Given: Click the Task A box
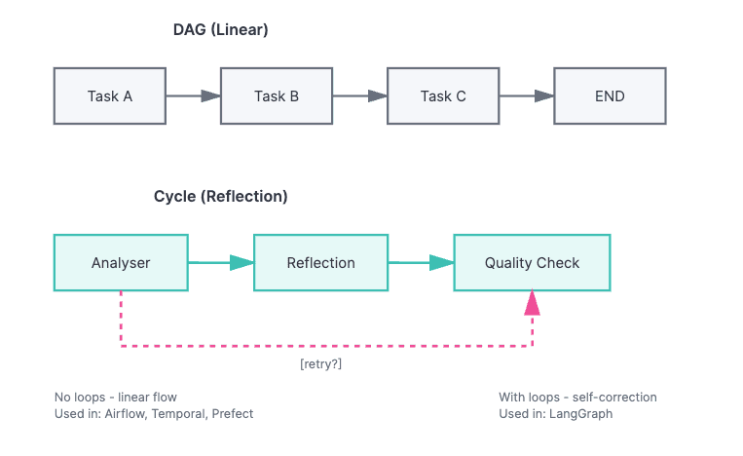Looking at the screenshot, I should click(x=110, y=96).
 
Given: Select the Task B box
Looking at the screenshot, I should click(x=277, y=96).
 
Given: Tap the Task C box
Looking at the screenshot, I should click(x=443, y=96).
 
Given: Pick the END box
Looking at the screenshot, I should click(x=610, y=96).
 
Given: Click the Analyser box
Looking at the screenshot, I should click(x=121, y=263).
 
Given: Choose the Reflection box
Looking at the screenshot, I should click(x=321, y=263).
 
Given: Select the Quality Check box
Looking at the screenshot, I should click(x=532, y=263).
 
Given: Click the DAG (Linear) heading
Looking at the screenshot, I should click(x=220, y=30).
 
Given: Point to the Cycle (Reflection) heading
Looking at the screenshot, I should click(x=220, y=197).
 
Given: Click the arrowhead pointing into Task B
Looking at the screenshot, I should click(x=211, y=96).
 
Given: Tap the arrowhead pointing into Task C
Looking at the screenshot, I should click(x=378, y=96).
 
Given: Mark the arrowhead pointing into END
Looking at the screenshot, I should click(x=544, y=96).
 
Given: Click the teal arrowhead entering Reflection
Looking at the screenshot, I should click(x=242, y=263).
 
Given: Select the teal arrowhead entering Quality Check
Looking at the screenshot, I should click(x=442, y=263).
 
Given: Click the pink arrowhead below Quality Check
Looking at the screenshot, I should click(x=532, y=303).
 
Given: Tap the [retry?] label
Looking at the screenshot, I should click(x=320, y=364).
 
